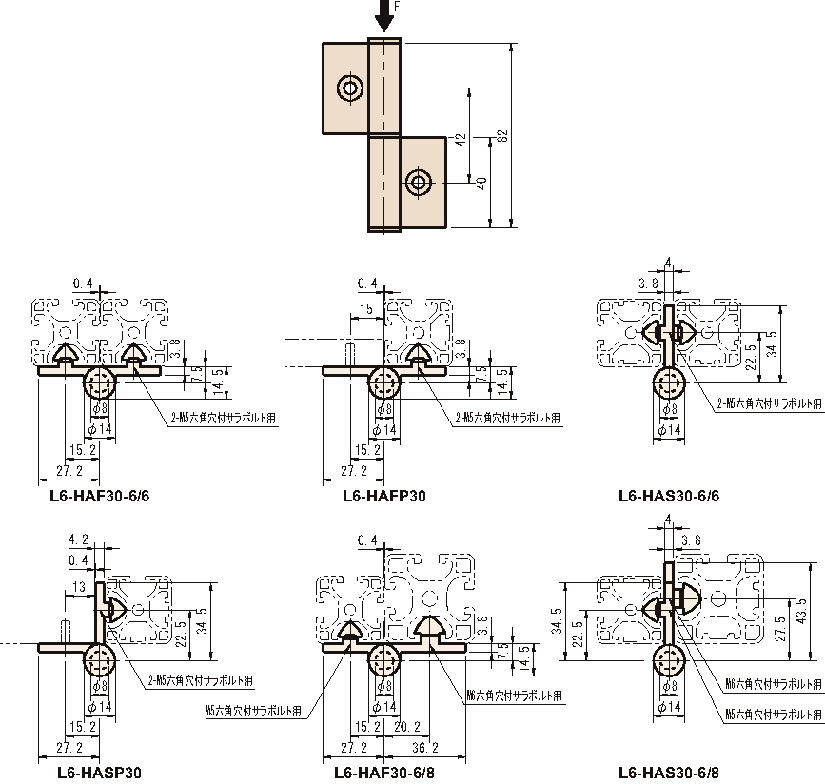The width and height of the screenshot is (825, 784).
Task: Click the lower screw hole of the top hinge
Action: [417, 182]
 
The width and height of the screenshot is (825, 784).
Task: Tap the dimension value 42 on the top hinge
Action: [461, 139]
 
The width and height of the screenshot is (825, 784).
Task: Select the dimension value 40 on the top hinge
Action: [481, 184]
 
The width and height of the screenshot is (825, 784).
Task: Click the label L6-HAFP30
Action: [384, 495]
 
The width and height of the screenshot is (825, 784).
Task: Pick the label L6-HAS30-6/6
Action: [668, 495]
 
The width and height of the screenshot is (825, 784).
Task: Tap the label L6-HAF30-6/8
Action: [385, 772]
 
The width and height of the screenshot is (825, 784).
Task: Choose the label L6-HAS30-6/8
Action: [668, 772]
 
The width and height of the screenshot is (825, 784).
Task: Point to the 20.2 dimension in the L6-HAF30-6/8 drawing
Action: [407, 726]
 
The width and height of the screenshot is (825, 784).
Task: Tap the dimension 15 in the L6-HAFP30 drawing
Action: [365, 310]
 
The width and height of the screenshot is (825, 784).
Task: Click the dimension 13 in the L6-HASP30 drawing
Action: [77, 586]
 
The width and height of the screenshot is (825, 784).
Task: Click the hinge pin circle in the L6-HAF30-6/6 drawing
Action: [100, 384]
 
